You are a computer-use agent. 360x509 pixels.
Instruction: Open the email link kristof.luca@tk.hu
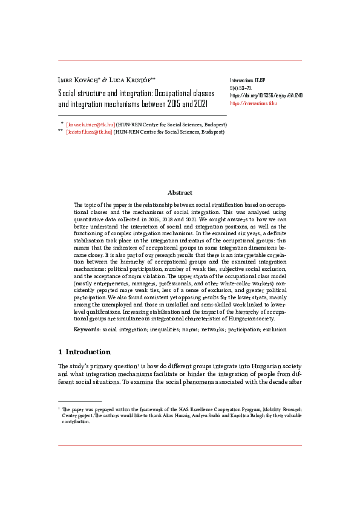click(90, 131)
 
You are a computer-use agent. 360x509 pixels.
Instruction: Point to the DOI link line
click(266, 96)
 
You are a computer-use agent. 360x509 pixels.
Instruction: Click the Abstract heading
click(180, 193)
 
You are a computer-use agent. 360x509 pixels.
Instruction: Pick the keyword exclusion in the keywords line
click(274, 329)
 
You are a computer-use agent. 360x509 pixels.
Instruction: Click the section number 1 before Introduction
click(60, 352)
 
